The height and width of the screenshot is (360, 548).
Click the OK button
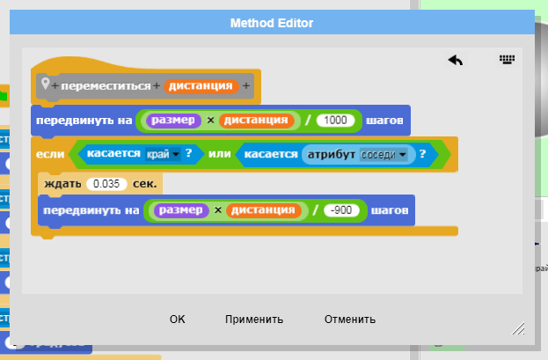pos(178,320)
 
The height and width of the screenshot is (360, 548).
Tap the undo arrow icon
pos(455,60)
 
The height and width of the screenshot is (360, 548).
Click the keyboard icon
pos(506,60)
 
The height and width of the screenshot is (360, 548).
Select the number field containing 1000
pos(334,120)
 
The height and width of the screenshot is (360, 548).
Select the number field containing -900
pos(339,210)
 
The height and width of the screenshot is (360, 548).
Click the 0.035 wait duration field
pos(107,183)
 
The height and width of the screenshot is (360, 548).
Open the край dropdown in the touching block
pos(162,154)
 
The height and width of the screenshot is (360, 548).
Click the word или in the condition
pos(219,154)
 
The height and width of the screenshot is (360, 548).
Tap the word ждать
pos(62,183)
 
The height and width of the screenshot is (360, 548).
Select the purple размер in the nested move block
pos(182,210)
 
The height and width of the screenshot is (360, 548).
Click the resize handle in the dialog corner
pos(518,327)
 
